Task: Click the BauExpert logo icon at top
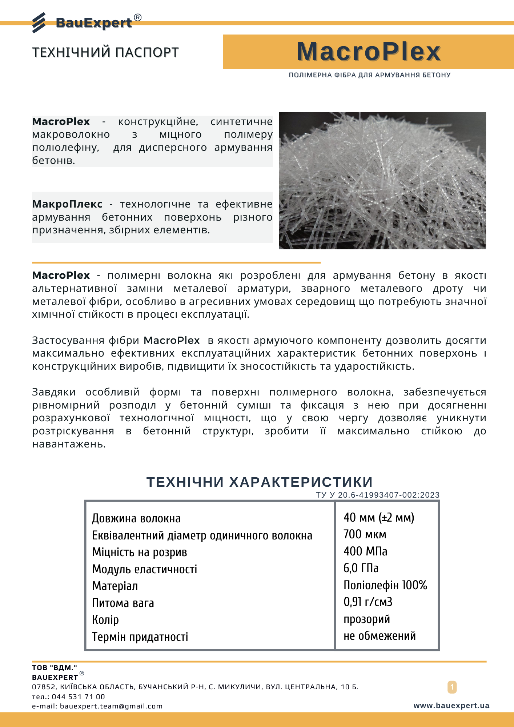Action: point(39,23)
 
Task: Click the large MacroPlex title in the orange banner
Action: point(369,52)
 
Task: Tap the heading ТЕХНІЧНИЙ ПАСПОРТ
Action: point(105,52)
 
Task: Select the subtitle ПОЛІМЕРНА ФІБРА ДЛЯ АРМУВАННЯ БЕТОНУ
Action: point(369,75)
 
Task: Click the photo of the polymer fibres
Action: point(382,180)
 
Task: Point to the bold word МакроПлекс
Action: point(67,204)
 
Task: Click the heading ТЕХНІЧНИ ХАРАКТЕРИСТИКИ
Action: point(260,482)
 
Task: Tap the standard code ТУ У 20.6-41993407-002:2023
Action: point(378,495)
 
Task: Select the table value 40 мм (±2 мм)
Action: point(379,517)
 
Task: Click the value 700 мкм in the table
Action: point(365,534)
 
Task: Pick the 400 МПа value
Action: point(365,551)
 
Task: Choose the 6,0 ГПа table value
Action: point(361,568)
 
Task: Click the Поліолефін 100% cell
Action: point(385,585)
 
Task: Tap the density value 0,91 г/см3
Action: point(368,602)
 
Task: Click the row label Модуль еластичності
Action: point(144,569)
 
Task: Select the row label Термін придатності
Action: point(140,637)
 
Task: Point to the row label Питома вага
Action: point(123,603)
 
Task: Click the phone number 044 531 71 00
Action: point(78,696)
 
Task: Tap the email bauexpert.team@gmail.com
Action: point(111,706)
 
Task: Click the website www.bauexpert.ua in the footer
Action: point(451,706)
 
